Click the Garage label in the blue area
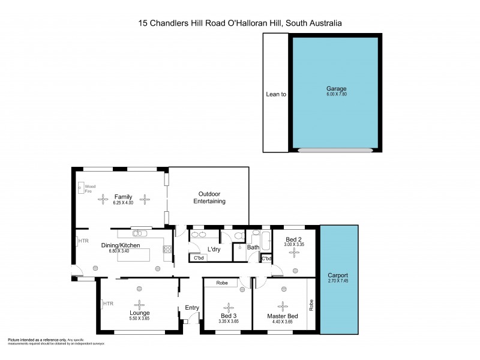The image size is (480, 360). (x=335, y=88)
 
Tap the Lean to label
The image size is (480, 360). (x=276, y=94)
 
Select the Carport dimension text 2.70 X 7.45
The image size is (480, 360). (x=339, y=281)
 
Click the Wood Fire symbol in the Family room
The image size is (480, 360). (x=81, y=188)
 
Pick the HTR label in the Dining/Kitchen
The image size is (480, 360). (x=83, y=241)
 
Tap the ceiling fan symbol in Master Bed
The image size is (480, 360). (x=283, y=305)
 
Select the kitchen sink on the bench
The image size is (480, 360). (x=140, y=233)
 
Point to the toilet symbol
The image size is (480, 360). (x=239, y=235)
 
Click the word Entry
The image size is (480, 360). (x=191, y=308)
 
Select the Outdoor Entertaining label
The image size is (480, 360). (x=209, y=197)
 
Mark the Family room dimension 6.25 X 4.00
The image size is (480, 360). (x=123, y=203)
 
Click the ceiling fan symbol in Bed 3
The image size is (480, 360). (x=228, y=305)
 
